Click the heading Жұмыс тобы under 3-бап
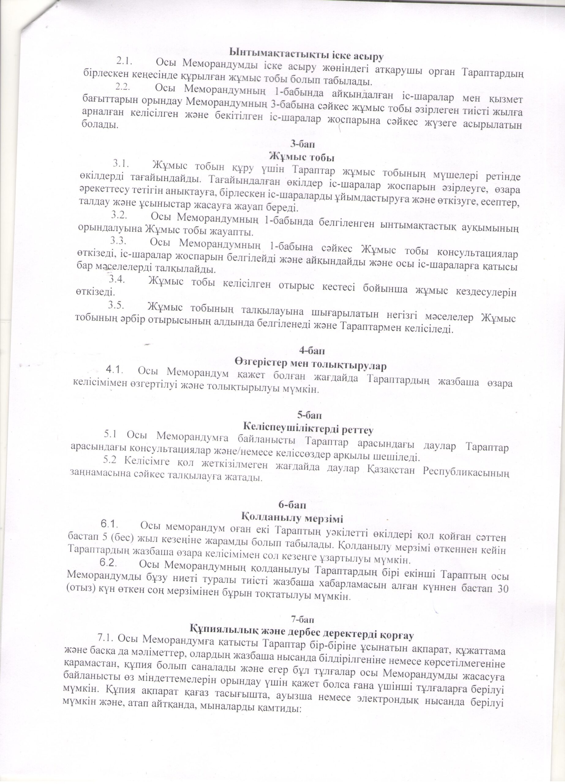coord(302,157)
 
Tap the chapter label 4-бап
coord(312,351)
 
